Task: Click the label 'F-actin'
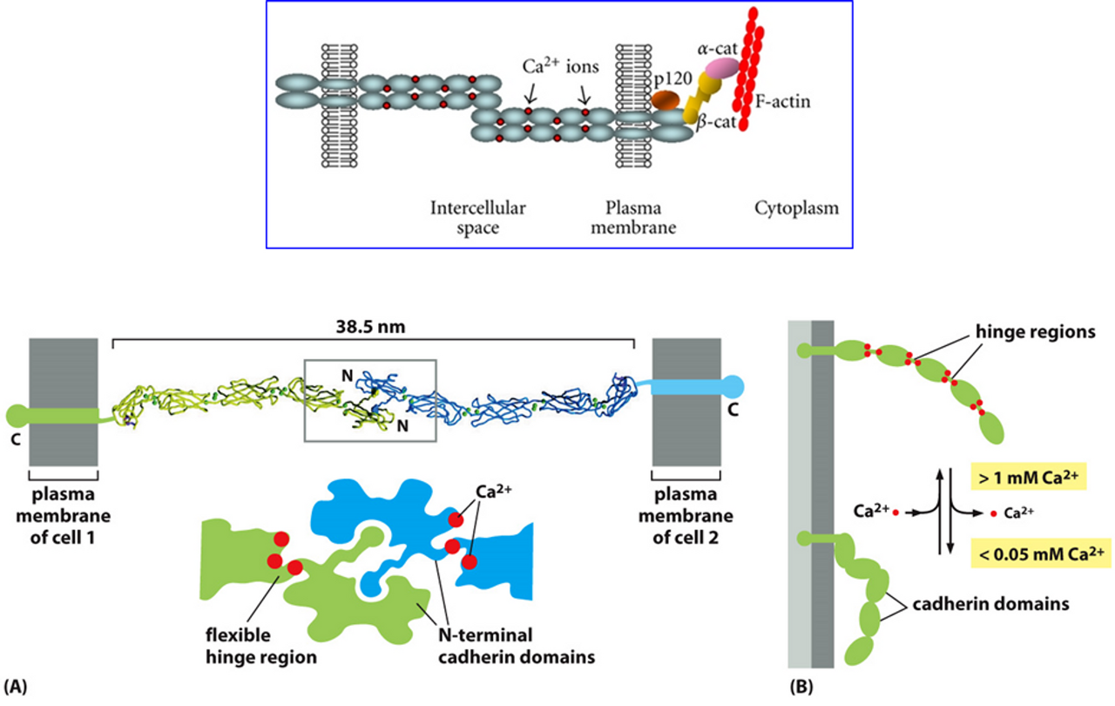pyautogui.click(x=782, y=102)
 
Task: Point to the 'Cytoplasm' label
pyautogui.click(x=796, y=208)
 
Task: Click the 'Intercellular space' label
pyautogui.click(x=477, y=218)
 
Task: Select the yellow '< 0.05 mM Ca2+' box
pyautogui.click(x=1041, y=552)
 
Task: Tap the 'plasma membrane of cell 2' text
pyautogui.click(x=686, y=514)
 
